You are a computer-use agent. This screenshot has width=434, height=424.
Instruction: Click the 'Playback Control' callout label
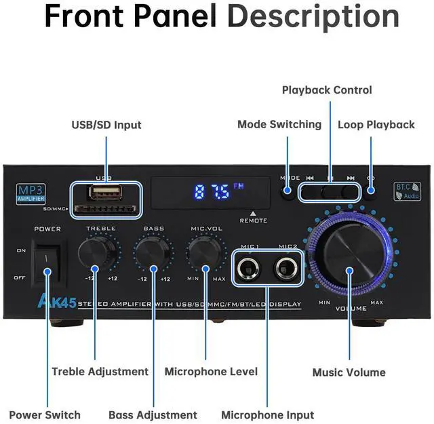tap(327, 90)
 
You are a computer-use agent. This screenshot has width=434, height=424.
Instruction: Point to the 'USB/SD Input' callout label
tap(106, 125)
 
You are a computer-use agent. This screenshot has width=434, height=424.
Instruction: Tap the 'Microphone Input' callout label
tap(268, 415)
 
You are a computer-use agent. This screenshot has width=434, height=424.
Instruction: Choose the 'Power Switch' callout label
tap(45, 415)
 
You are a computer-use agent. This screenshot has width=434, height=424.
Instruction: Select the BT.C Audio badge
tap(407, 191)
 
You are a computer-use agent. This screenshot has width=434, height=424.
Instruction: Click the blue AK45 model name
tap(57, 303)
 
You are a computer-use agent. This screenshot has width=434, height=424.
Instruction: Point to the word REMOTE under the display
tap(253, 220)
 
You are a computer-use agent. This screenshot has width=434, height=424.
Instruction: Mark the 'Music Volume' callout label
tap(349, 372)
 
